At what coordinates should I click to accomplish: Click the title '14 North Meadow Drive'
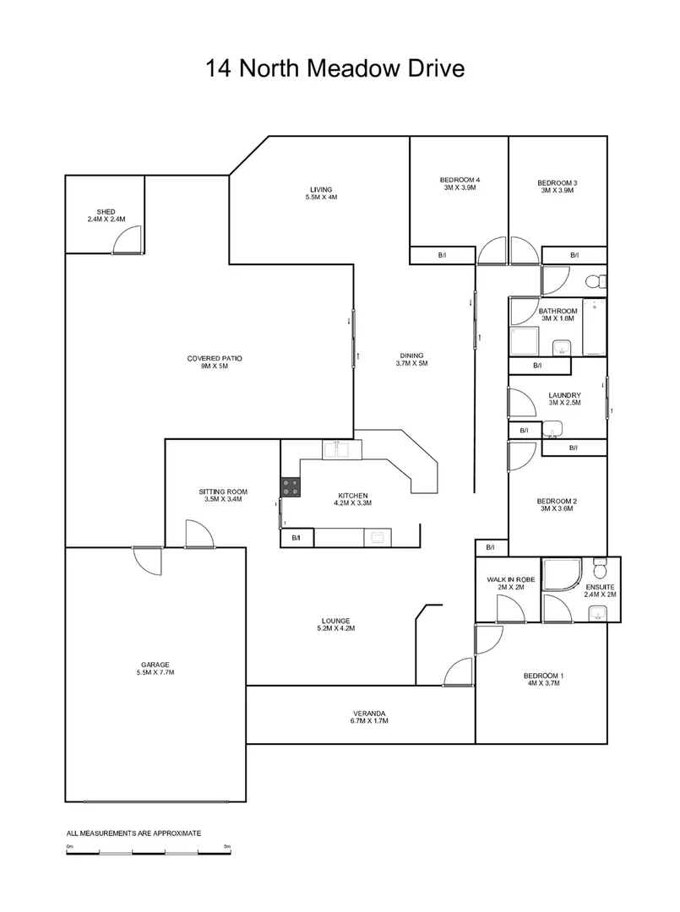(335, 68)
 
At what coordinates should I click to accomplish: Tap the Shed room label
(106, 215)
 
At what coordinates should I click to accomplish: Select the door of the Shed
(128, 242)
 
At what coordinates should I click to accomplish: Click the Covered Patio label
(215, 362)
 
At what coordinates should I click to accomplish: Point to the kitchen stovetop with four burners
(291, 486)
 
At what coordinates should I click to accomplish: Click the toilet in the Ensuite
(601, 565)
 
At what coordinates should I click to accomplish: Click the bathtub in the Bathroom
(596, 328)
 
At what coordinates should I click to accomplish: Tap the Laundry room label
(563, 399)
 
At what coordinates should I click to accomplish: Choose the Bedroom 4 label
(460, 184)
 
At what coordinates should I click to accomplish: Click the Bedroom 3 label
(557, 186)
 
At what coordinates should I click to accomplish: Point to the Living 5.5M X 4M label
(320, 193)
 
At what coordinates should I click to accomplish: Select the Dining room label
(412, 359)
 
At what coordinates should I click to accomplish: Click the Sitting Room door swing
(199, 535)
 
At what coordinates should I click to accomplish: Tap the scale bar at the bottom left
(149, 851)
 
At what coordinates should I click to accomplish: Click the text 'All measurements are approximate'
(133, 833)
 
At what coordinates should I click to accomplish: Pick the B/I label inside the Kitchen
(296, 537)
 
